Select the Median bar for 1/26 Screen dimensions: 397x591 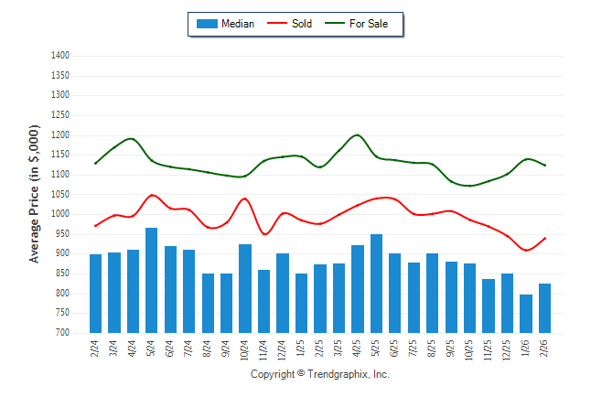(526, 313)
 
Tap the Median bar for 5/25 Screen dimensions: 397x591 (376, 284)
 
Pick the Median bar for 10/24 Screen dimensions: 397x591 (245, 288)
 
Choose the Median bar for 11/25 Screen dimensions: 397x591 (489, 306)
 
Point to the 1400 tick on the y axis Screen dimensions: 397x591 (60, 56)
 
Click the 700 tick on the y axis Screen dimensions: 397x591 (63, 333)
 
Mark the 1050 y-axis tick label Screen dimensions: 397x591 (60, 194)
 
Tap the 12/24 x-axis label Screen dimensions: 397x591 (283, 350)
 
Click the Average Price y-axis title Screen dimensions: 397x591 (35, 195)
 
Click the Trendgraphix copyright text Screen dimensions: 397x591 (319, 374)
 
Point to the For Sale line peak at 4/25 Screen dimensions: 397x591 (358, 135)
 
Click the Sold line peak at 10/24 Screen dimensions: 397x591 (244, 198)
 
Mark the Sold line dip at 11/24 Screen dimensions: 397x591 (264, 234)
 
